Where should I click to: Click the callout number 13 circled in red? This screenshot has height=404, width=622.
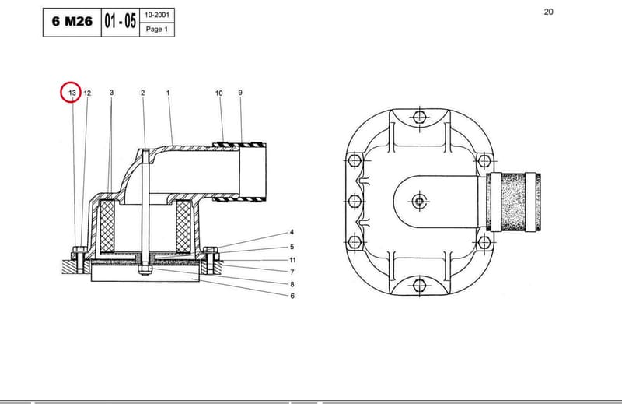72,93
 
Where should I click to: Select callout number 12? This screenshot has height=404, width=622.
87,93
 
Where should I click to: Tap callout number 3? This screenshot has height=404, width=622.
111,92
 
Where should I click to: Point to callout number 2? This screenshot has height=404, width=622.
143,93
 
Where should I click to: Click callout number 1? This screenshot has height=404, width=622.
168,93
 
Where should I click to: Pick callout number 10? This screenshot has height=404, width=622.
219,93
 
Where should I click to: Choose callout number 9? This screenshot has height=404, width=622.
240,92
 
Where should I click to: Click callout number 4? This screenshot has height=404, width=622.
292,232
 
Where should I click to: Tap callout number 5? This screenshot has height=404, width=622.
292,247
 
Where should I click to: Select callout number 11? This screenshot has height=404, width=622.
292,260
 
